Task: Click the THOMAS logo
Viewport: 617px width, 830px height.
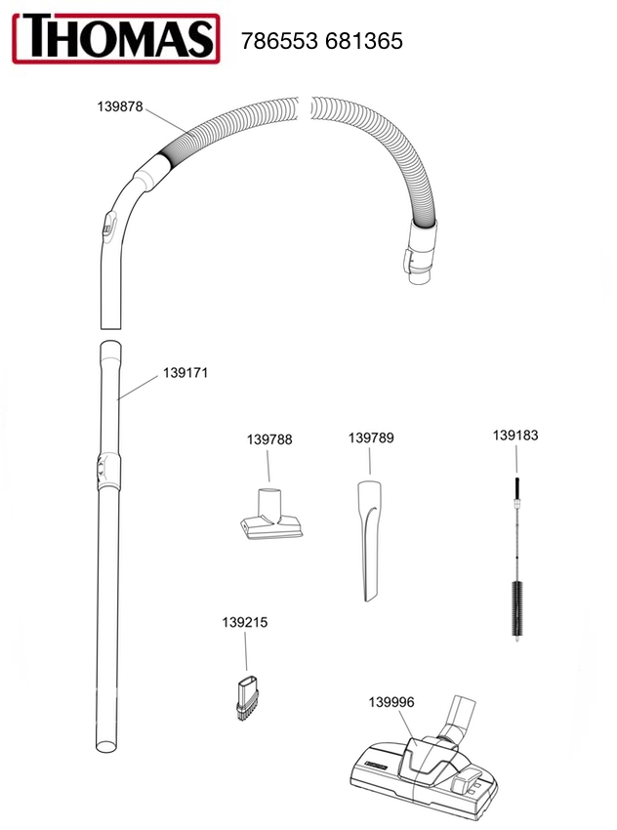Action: pyautogui.click(x=116, y=39)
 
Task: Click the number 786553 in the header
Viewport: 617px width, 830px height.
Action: pyautogui.click(x=279, y=41)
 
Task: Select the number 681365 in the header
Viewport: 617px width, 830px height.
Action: pyautogui.click(x=364, y=41)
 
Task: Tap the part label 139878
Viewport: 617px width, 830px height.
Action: pyautogui.click(x=120, y=107)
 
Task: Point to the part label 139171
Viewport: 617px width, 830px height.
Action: pyautogui.click(x=185, y=373)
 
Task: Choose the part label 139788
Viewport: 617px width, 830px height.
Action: pyautogui.click(x=269, y=439)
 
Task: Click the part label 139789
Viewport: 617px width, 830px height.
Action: pyautogui.click(x=371, y=438)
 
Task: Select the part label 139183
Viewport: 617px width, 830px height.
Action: pyautogui.click(x=515, y=436)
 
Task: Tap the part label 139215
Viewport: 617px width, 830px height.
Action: pyautogui.click(x=244, y=623)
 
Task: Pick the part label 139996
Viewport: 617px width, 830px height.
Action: pyautogui.click(x=391, y=702)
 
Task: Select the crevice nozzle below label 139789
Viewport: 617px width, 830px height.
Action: pyautogui.click(x=369, y=540)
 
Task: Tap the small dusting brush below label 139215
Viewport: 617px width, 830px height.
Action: pyautogui.click(x=246, y=699)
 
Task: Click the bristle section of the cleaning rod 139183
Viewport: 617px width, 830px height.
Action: pyautogui.click(x=516, y=608)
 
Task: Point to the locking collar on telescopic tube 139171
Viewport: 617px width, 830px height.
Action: pyautogui.click(x=108, y=469)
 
